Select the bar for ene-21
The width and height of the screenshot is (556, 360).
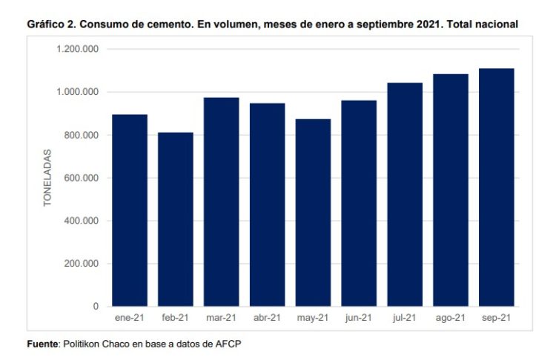click(130, 210)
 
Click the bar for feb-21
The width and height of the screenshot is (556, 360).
click(176, 219)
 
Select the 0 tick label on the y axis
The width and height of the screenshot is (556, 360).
click(96, 306)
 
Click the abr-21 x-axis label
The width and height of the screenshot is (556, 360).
click(267, 318)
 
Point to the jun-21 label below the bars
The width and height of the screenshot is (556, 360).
click(359, 318)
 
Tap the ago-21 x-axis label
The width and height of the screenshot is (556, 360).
click(451, 318)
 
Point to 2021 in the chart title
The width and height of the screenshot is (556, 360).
click(408, 24)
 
